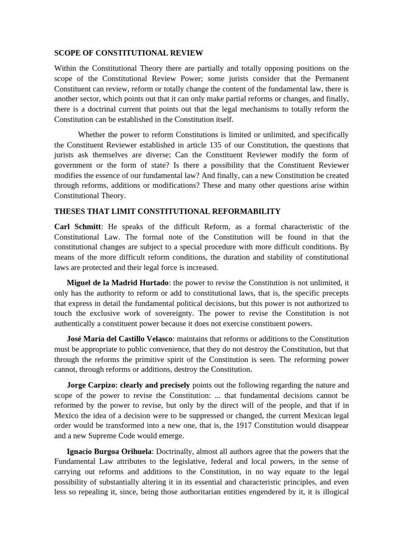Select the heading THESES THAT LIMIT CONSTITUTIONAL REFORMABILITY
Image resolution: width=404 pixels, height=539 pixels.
click(x=167, y=211)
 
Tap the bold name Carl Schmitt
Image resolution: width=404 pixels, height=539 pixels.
click(x=77, y=226)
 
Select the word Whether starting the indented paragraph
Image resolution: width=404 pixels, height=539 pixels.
click(x=92, y=134)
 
